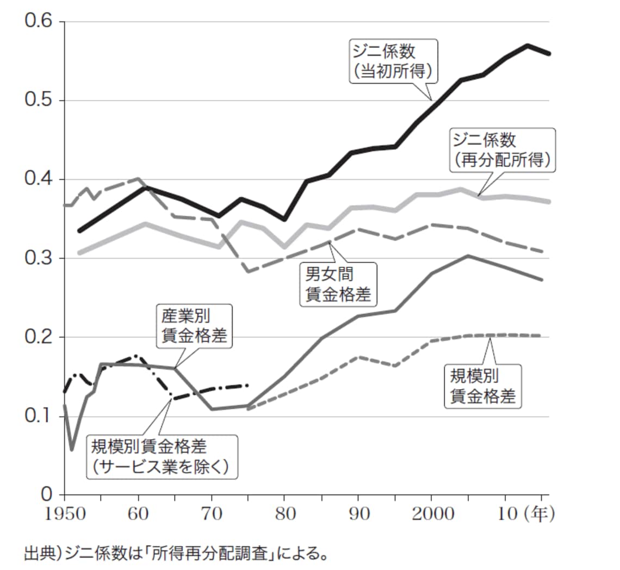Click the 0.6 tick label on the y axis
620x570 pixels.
[x=38, y=22]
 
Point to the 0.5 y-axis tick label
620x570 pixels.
[x=38, y=101]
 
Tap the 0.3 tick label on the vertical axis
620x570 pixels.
[x=38, y=258]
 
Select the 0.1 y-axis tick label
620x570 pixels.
[x=38, y=416]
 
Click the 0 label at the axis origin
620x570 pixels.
[x=46, y=494]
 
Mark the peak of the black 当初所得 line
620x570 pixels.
[x=527, y=45]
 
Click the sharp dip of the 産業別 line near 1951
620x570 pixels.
[x=72, y=449]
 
